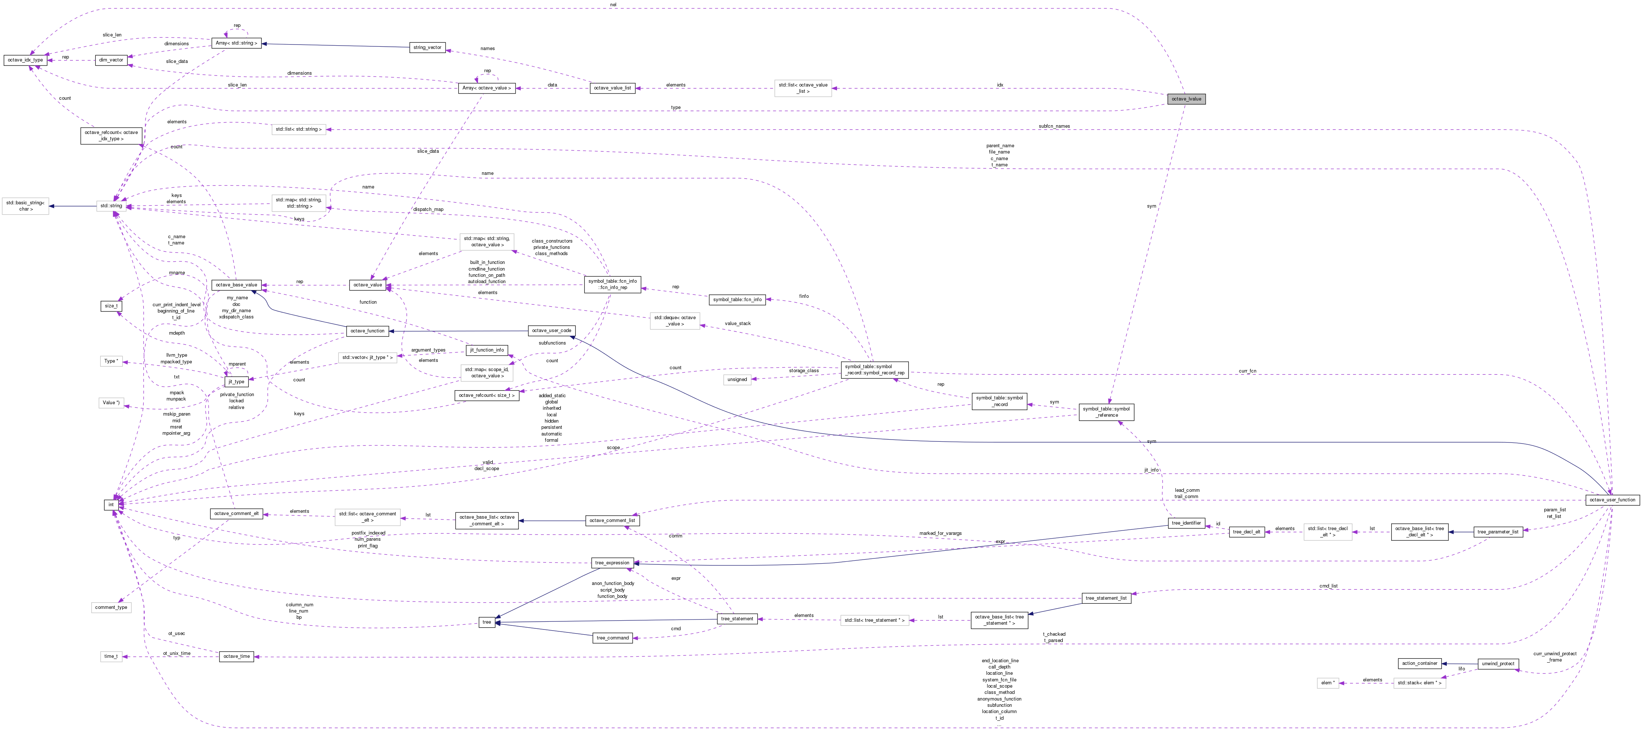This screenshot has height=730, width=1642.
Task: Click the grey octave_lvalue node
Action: [x=1186, y=99]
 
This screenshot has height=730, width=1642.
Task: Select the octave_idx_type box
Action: [x=25, y=60]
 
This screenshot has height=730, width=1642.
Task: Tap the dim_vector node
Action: [x=112, y=60]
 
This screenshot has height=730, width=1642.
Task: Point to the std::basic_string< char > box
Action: [x=25, y=206]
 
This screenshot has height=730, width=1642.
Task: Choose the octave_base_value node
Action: [x=236, y=285]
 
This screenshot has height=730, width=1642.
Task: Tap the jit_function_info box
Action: [x=487, y=350]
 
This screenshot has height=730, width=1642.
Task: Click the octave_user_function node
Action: [x=1612, y=500]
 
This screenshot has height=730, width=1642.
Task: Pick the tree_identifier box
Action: [x=1186, y=523]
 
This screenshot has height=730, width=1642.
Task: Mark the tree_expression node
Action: [x=612, y=563]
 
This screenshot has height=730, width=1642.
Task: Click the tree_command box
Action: [x=612, y=638]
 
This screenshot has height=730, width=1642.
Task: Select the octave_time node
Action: [x=236, y=656]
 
